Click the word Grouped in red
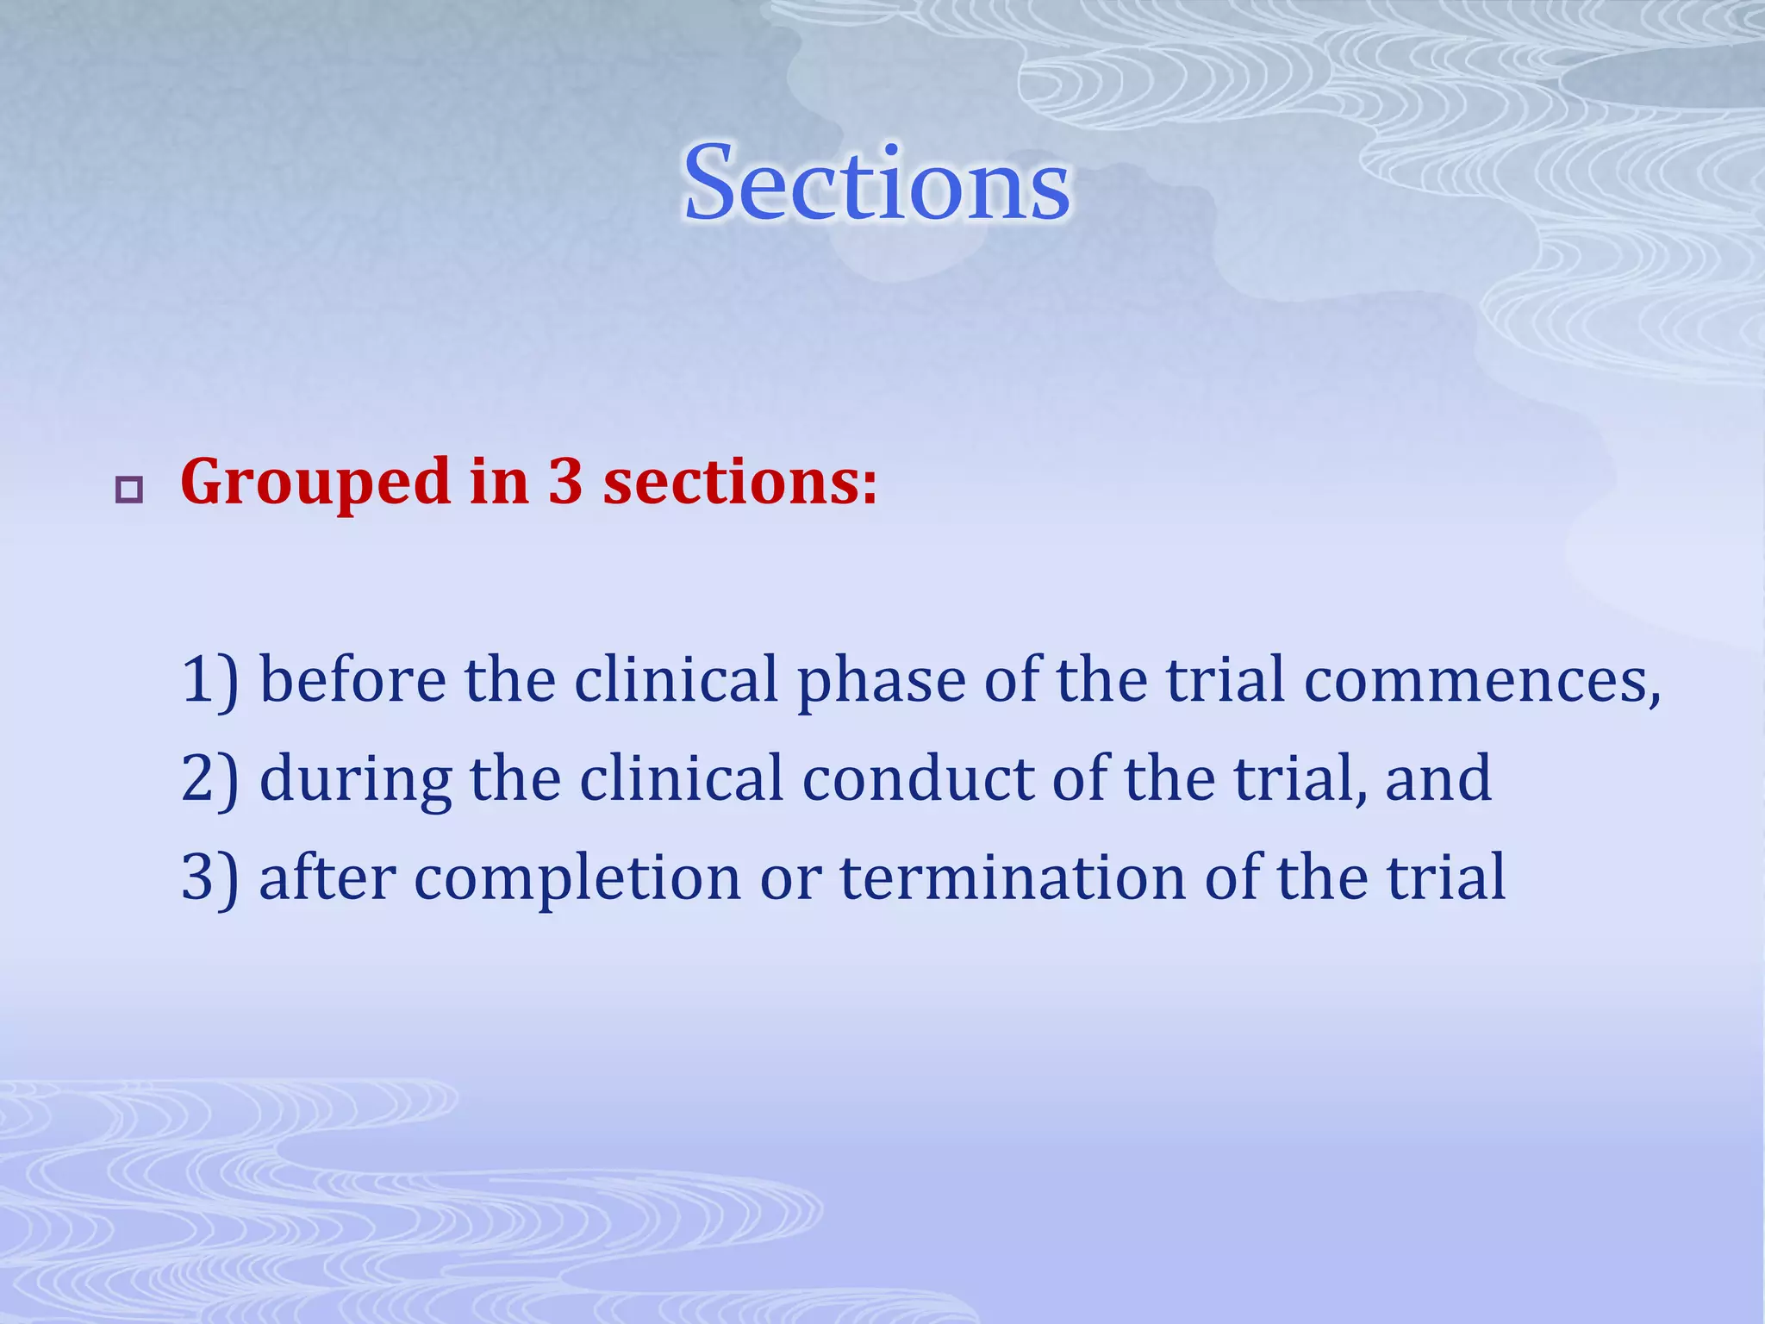[x=315, y=483]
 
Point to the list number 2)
[x=209, y=779]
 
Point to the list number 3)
[x=209, y=877]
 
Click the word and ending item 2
[x=1438, y=779]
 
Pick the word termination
[x=1013, y=877]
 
